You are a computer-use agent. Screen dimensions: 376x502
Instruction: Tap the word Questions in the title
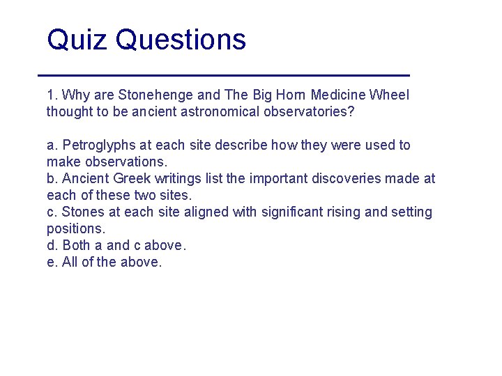pos(181,40)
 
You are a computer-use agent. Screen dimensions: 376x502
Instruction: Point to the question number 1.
pos(51,95)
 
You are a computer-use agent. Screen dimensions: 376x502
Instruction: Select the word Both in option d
pos(75,245)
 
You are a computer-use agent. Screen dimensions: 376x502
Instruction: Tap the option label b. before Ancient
pos(52,178)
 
